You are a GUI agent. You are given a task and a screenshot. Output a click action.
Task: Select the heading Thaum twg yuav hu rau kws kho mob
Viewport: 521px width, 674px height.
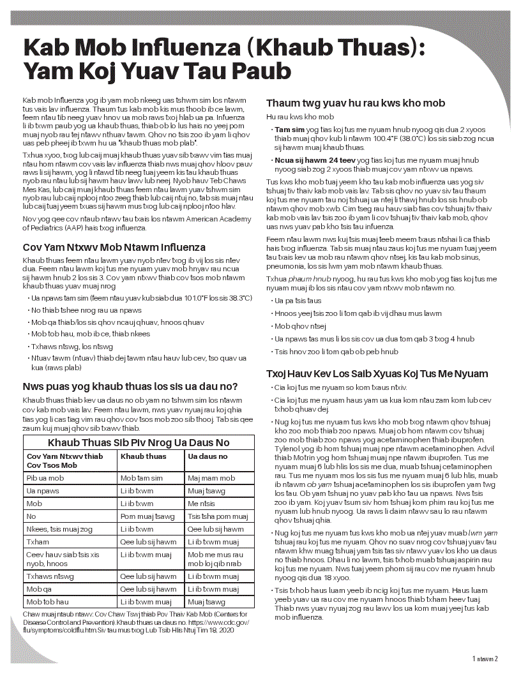click(x=355, y=103)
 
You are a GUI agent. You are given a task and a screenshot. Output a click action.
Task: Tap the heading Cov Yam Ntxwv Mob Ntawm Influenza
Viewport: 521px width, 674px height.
click(x=114, y=247)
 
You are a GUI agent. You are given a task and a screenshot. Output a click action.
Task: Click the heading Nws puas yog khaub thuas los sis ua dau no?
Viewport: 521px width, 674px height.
click(x=130, y=386)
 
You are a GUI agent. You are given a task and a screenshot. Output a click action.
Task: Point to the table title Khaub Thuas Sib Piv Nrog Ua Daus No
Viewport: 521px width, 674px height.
click(x=139, y=442)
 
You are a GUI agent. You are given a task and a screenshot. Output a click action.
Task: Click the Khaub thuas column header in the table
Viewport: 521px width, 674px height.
click(x=143, y=456)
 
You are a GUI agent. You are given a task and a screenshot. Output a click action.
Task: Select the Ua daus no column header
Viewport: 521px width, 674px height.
click(x=208, y=456)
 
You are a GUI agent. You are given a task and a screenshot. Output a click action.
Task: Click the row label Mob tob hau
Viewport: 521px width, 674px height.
click(x=47, y=602)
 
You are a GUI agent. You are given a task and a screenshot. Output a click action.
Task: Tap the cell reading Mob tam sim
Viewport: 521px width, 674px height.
click(x=141, y=478)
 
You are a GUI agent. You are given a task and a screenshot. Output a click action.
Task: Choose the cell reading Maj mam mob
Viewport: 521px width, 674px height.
click(x=211, y=478)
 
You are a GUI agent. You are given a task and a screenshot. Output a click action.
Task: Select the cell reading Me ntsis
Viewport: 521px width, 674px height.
click(x=202, y=504)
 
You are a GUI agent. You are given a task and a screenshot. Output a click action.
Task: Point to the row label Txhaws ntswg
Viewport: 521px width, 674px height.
click(x=49, y=576)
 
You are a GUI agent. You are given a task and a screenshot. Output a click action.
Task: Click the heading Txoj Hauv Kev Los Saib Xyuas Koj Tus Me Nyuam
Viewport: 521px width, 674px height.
click(x=377, y=373)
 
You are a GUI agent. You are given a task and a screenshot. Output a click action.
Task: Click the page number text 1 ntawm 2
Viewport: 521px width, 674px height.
click(x=485, y=659)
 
